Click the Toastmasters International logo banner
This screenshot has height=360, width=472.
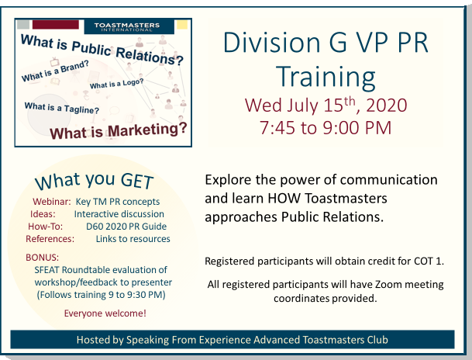coord(129,26)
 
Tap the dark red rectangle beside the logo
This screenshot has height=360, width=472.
coord(56,24)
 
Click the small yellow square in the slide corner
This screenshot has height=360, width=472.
coord(182,25)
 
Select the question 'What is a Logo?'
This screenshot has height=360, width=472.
coord(116,84)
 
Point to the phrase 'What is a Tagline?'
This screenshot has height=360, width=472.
coord(62,108)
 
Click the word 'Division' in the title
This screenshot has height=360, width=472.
coord(272,43)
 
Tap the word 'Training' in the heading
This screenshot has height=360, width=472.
coord(326,78)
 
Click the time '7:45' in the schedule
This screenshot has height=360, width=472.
coord(277,127)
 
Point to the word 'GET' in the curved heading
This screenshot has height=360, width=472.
coord(137,181)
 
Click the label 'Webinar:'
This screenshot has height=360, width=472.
coord(51,201)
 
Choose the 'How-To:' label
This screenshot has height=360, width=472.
coord(46,227)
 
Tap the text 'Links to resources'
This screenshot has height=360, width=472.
coord(133,239)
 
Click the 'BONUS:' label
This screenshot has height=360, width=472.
coord(42,258)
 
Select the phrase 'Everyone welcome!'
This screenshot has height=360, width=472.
coord(105,313)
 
